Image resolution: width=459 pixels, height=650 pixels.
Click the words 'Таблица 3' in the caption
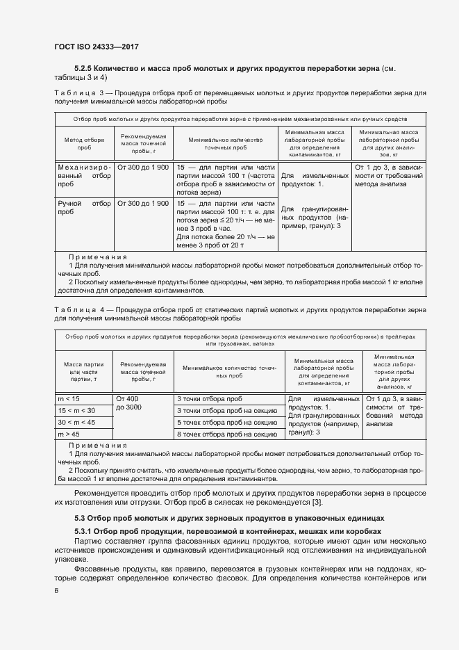pyautogui.click(x=78, y=92)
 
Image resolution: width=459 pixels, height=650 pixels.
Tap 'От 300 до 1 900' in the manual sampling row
pyautogui.click(x=143, y=204)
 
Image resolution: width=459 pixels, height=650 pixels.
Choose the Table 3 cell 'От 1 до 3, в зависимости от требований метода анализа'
pyautogui.click(x=387, y=177)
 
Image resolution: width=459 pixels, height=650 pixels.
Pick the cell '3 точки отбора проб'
pyautogui.click(x=210, y=398)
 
